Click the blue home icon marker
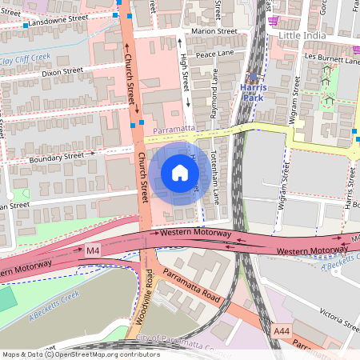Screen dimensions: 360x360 coord(180,173)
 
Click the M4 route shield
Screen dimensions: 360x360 coord(94,251)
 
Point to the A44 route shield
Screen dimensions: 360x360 coord(281,330)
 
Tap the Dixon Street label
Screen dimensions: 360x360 coord(62,71)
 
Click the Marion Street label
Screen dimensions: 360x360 coord(214,30)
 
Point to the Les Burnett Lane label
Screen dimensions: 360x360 coord(317,58)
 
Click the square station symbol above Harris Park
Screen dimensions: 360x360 coord(254,78)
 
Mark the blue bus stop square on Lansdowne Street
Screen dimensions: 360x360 coord(26,26)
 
